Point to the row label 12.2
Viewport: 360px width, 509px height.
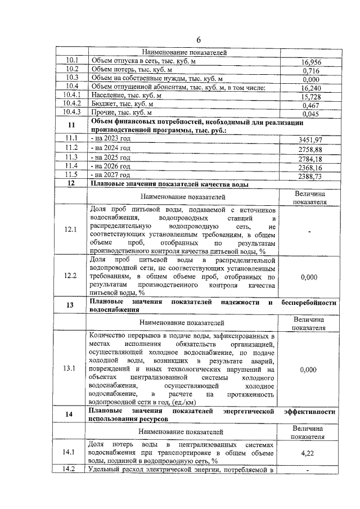click(71, 276)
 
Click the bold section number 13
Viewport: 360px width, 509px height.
click(71, 305)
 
